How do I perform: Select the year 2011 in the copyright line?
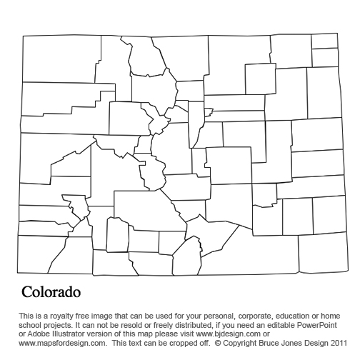click(x=336, y=341)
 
